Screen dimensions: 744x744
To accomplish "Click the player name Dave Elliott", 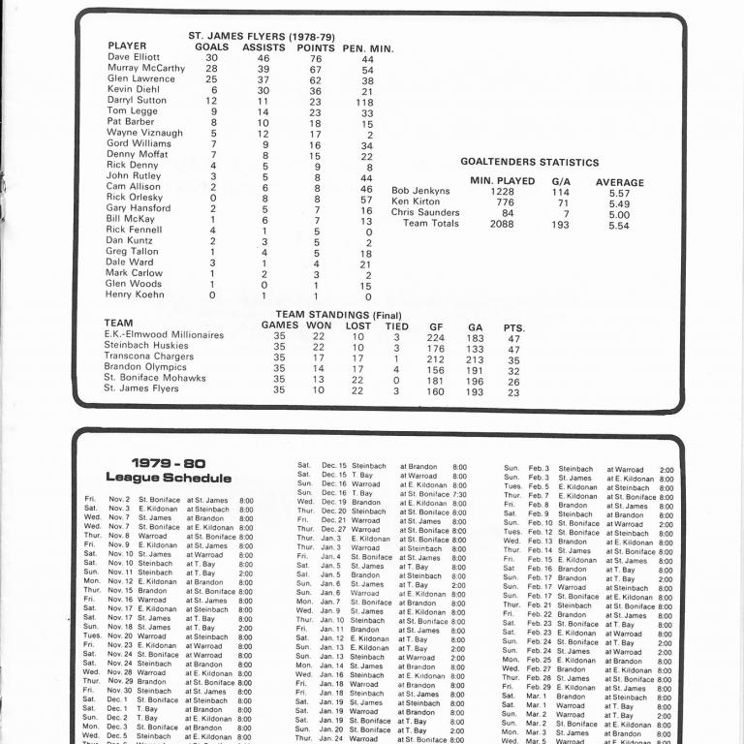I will click(133, 57).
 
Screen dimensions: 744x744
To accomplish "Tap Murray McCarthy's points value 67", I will click(315, 70).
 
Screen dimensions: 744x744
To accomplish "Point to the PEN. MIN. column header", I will click(367, 47).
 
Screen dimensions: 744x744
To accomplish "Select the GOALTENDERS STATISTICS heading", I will click(529, 163).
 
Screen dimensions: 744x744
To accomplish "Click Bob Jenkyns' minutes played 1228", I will click(487, 192).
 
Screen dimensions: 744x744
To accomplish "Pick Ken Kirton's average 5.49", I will click(620, 202).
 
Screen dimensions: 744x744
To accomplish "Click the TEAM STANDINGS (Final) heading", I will click(338, 315).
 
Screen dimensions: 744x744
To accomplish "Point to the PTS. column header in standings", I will click(513, 327).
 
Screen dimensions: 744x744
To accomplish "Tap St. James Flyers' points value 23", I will click(513, 391).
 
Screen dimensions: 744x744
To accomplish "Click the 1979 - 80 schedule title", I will click(168, 463).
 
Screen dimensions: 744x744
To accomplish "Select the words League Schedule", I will click(168, 478).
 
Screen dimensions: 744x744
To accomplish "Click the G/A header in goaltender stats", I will click(561, 181).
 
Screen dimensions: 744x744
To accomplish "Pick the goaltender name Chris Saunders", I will click(425, 213).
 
